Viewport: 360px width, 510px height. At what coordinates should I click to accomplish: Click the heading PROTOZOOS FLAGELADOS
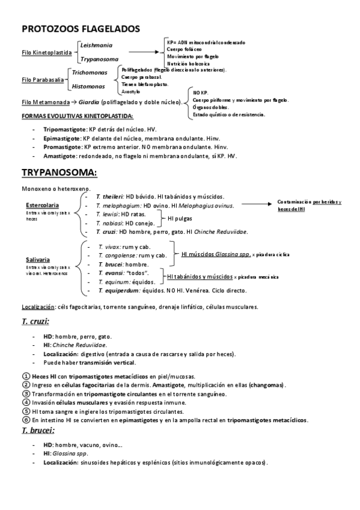pyautogui.click(x=81, y=28)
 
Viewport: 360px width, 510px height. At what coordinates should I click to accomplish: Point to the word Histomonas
pyautogui.click(x=88, y=86)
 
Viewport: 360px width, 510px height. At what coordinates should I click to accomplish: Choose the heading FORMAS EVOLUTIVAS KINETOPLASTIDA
pyautogui.click(x=78, y=115)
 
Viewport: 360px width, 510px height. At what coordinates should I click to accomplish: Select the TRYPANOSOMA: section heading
pyautogui.click(x=59, y=173)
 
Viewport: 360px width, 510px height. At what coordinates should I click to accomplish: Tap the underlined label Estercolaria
pyautogui.click(x=41, y=205)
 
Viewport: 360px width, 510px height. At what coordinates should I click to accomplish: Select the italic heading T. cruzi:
pyautogui.click(x=35, y=322)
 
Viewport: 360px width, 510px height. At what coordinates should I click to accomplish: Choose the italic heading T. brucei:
pyautogui.click(x=38, y=430)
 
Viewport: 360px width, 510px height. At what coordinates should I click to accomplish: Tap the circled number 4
pyautogui.click(x=26, y=402)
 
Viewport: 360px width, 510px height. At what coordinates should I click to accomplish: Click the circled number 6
pyautogui.click(x=26, y=420)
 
